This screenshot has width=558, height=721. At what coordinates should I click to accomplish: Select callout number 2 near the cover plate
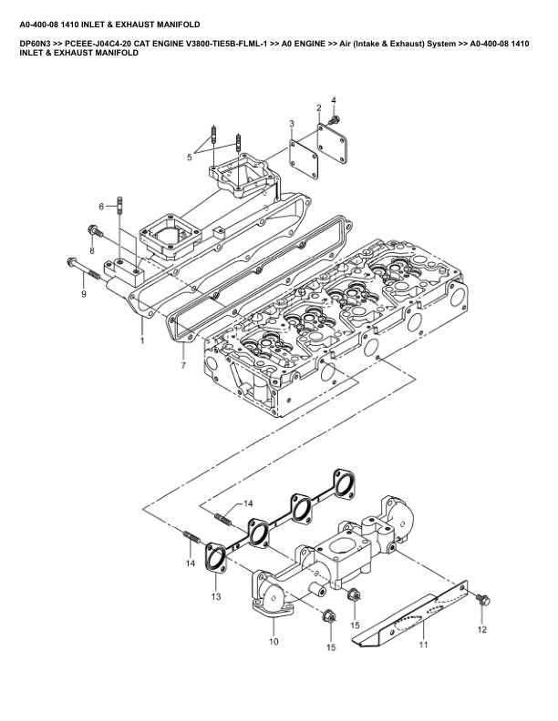point(319,108)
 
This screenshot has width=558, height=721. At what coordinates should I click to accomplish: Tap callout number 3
point(291,123)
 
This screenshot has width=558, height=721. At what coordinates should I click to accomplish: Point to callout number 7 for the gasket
point(183,365)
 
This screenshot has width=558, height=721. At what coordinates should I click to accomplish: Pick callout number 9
point(83,294)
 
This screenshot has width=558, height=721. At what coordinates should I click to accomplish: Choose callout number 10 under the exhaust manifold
point(273,642)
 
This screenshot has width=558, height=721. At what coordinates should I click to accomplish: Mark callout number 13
point(215,597)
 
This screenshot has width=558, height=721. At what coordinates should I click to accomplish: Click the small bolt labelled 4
point(335,119)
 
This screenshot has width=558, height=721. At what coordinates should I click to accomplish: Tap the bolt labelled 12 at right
point(483,599)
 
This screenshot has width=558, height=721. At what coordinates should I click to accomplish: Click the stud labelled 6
point(120,213)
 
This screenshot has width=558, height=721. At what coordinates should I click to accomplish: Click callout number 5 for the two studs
point(190,157)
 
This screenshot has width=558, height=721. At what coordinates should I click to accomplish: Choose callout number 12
point(482,629)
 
